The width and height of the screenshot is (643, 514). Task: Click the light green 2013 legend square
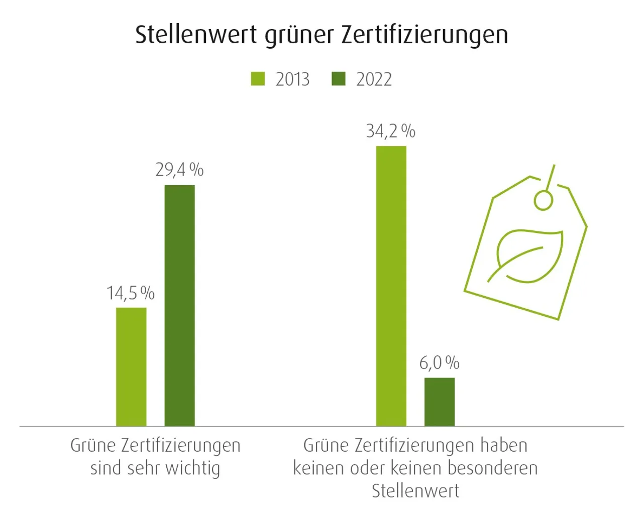pyautogui.click(x=258, y=79)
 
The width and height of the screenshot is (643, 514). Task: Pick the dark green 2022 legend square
pyautogui.click(x=339, y=79)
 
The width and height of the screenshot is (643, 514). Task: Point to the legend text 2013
pyautogui.click(x=292, y=79)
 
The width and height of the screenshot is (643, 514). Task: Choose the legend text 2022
pyautogui.click(x=374, y=79)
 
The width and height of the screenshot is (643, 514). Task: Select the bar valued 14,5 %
pyautogui.click(x=131, y=366)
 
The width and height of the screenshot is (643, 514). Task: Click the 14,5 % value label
pyautogui.click(x=130, y=293)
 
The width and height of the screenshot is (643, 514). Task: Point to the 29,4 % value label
pyautogui.click(x=179, y=170)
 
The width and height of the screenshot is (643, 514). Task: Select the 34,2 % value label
pyautogui.click(x=390, y=131)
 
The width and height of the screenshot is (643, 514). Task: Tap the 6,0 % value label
pyautogui.click(x=439, y=362)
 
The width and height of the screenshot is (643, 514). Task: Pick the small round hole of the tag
pyautogui.click(x=543, y=200)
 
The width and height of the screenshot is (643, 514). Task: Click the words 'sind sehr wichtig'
pyautogui.click(x=155, y=468)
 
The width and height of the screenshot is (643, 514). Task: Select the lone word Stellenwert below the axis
pyautogui.click(x=415, y=490)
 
